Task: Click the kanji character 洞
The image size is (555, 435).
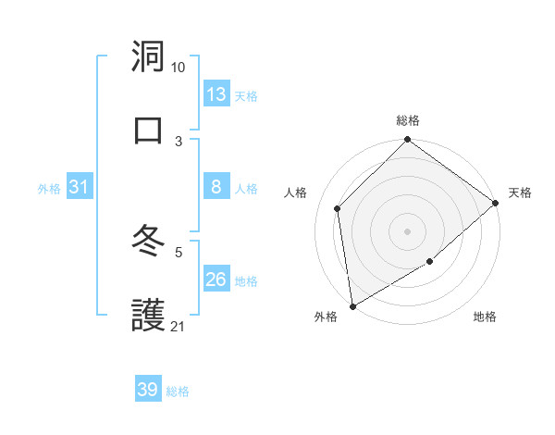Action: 149,56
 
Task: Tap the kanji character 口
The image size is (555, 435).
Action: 149,129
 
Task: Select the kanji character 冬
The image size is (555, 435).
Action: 149,242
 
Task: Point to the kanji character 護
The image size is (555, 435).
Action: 149,315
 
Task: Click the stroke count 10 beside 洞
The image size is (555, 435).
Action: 178,68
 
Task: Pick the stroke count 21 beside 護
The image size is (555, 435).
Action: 178,326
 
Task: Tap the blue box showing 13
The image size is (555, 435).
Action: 216,94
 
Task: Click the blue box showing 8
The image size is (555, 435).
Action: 216,187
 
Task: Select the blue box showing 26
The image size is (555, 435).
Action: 216,280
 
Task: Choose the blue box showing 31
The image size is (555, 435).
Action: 80,187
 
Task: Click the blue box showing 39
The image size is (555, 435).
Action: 148,390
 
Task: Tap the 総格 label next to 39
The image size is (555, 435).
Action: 178,391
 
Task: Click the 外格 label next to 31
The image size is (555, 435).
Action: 49,189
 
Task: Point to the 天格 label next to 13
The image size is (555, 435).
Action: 245,96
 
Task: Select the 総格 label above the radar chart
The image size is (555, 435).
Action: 408,120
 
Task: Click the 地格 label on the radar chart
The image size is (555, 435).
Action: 485,317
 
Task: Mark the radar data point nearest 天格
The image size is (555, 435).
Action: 496,203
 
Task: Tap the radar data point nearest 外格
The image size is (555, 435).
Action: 352,305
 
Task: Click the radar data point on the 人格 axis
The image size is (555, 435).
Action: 338,208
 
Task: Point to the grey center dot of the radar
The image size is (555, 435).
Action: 407,230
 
